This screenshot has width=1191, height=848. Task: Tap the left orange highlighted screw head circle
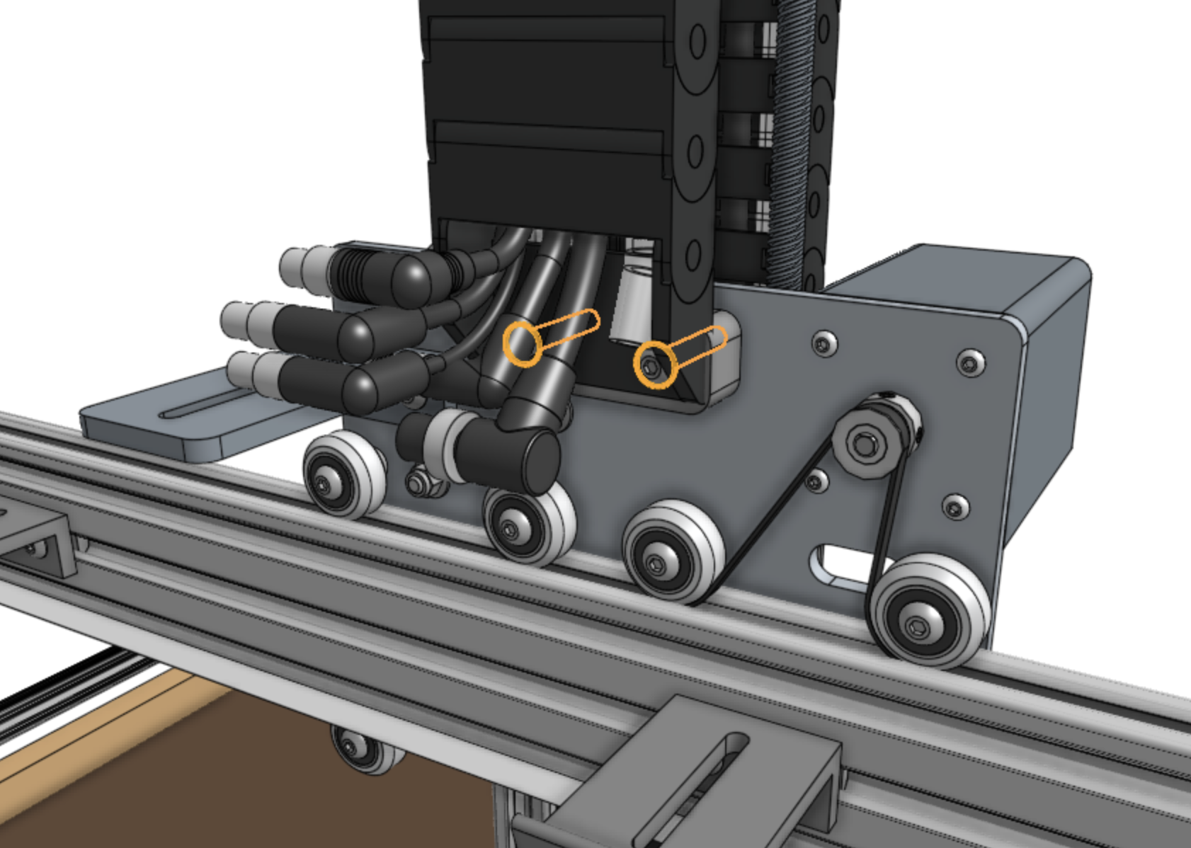pos(523,343)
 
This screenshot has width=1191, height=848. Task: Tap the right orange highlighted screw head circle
pos(654,365)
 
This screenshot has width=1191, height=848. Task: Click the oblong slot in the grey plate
pos(839,563)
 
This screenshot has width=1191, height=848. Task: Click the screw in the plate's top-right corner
pos(969,362)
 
